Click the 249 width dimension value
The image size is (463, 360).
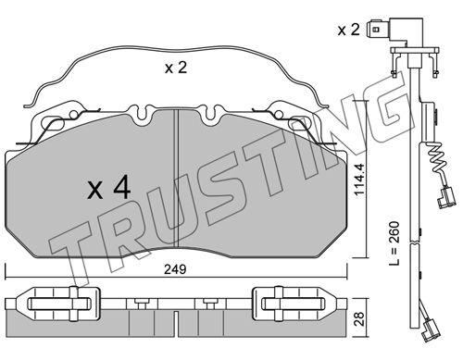tap(175, 269)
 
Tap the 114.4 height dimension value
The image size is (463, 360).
tap(359, 180)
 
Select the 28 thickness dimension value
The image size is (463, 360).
tap(359, 318)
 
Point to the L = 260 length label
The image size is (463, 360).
tap(394, 243)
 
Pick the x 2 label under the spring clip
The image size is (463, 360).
tap(176, 68)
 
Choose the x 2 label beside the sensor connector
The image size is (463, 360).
tap(348, 30)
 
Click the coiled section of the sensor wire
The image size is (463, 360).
tap(437, 159)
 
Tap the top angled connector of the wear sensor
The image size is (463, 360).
tap(395, 31)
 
